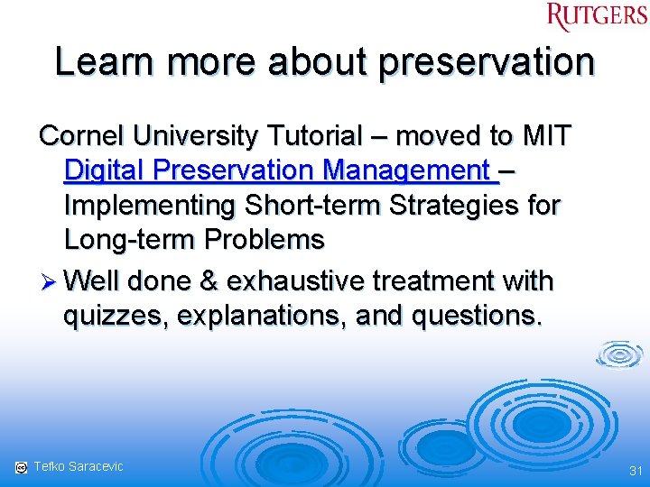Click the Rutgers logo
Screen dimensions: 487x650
pos(597,16)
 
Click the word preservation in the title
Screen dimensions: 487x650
pos(487,62)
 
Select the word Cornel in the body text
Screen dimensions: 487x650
pos(81,136)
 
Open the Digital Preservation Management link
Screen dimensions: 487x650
pos(280,170)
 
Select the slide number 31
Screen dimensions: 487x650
pos(634,470)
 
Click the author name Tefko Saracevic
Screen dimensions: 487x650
pos(79,466)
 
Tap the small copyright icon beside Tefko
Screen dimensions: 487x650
pos(20,467)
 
